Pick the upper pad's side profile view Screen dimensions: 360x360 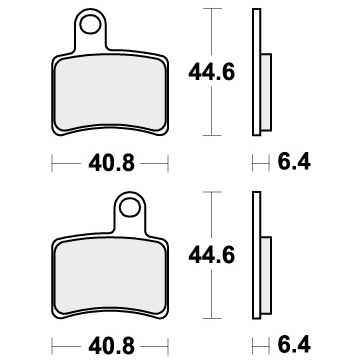click(x=258, y=70)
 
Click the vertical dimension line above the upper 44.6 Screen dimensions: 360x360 click(x=210, y=35)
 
